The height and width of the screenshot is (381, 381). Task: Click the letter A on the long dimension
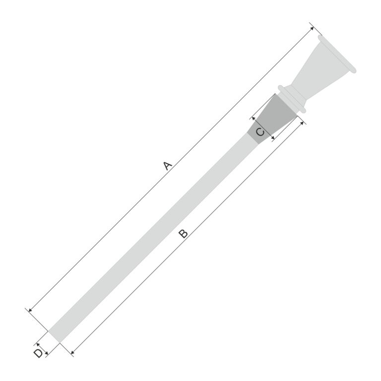pos(168,165)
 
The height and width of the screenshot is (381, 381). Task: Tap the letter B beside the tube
pos(183,233)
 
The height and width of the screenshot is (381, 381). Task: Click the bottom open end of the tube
pos(54,336)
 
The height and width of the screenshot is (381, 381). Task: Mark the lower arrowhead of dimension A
pos(31,311)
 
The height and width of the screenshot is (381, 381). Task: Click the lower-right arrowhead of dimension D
pos(47,353)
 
